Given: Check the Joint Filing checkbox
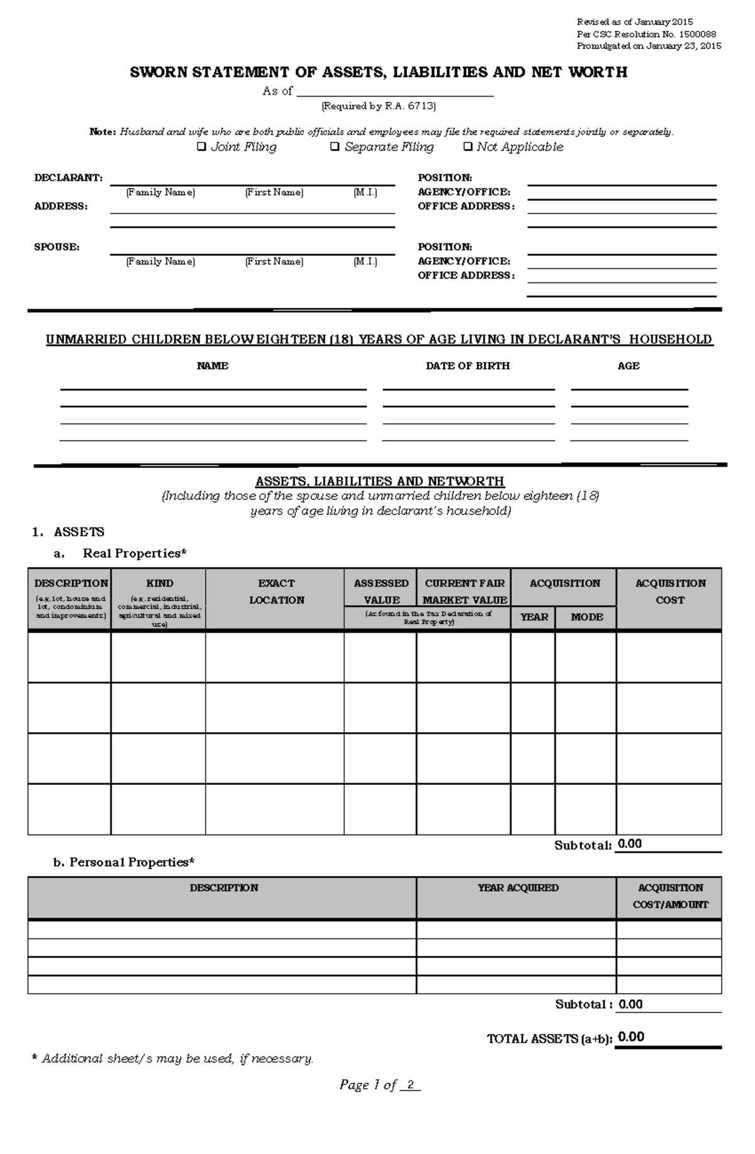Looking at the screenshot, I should (x=201, y=147).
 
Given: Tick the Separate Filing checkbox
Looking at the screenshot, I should (x=335, y=147).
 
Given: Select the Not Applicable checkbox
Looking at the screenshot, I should (x=467, y=147).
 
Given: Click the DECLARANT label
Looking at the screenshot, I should (x=68, y=178).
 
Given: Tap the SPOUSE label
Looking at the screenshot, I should (x=57, y=247).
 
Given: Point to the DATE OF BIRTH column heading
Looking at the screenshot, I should (x=467, y=366).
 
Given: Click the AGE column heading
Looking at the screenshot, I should (x=628, y=366).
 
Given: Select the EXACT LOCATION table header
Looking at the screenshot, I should (x=276, y=592).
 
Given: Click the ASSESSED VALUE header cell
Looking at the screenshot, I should (x=381, y=591).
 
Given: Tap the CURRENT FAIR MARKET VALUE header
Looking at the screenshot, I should (x=464, y=591).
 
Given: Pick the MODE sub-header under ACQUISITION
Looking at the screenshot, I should (x=586, y=618).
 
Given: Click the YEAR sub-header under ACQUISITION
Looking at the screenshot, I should (x=534, y=618).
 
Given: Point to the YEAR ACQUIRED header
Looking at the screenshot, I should (x=517, y=888).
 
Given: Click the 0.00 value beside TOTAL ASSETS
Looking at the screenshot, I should (x=630, y=1037).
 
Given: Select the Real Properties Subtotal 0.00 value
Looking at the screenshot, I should (x=629, y=844).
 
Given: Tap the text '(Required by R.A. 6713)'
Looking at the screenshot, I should (x=378, y=106).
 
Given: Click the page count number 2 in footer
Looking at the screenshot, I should (x=410, y=1085).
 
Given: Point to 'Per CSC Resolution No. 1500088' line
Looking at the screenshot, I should (x=646, y=35).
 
